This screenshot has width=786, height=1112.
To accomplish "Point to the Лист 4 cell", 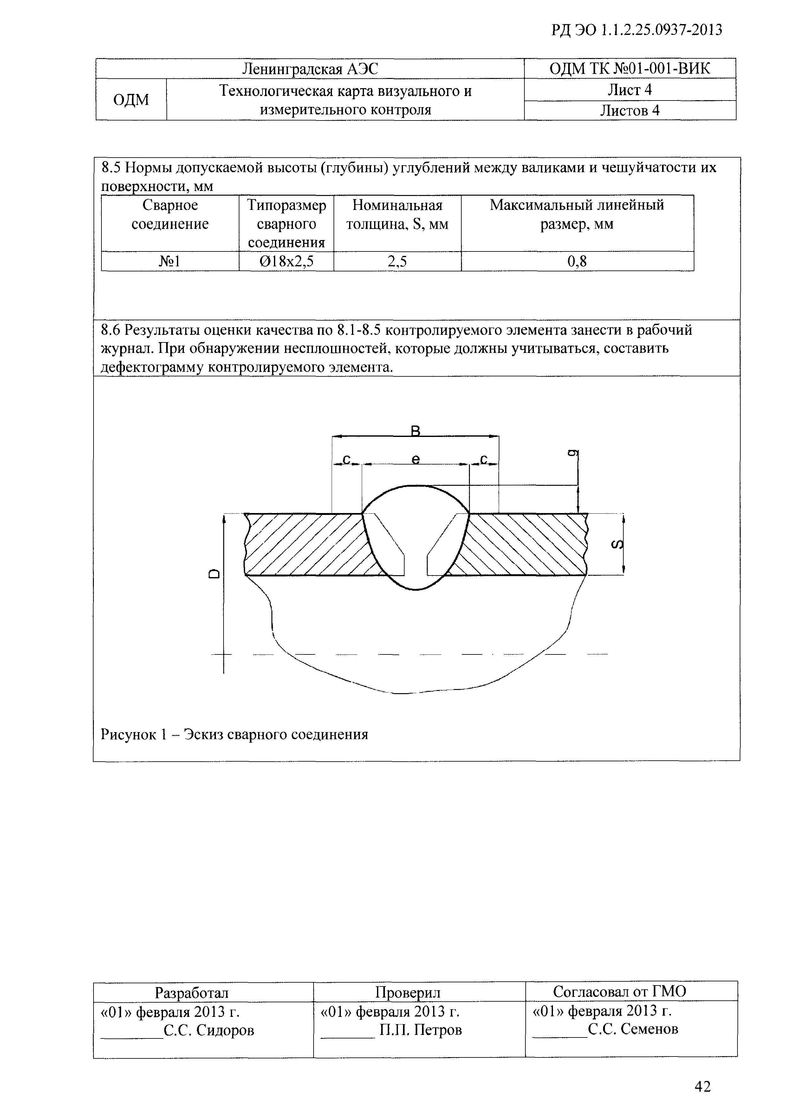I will tap(630, 90).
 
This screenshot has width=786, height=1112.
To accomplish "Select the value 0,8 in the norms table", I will tap(577, 262).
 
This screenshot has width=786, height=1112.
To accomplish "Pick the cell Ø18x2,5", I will tap(286, 262).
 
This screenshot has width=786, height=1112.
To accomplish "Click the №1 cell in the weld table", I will tap(170, 262).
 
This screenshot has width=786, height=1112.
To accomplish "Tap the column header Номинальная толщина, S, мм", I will tap(397, 215).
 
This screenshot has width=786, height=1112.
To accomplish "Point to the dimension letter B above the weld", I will tap(415, 430).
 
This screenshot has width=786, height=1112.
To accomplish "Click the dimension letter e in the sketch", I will tap(415, 458).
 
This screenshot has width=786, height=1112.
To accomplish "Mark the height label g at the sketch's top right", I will tap(571, 453).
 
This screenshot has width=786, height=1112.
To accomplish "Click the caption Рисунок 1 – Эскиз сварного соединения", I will tap(234, 735).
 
